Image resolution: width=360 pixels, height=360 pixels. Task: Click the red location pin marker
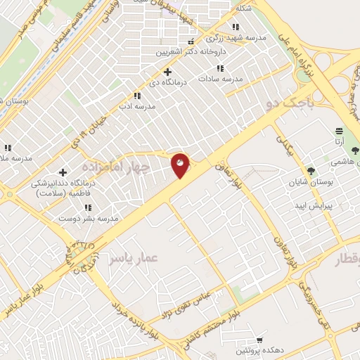pos(181,165)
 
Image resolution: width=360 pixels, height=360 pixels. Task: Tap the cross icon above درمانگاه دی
pos(167,72)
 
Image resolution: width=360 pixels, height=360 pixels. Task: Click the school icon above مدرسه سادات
pos(220,68)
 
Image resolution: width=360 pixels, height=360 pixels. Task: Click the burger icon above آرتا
pos(340,131)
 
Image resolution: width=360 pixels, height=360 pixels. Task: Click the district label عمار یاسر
pos(134,259)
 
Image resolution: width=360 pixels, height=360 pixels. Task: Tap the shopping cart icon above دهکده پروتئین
pos(261,339)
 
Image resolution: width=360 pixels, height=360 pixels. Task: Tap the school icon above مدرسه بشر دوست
pos(89,207)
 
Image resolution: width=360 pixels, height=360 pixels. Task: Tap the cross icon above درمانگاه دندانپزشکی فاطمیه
pos(63,172)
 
